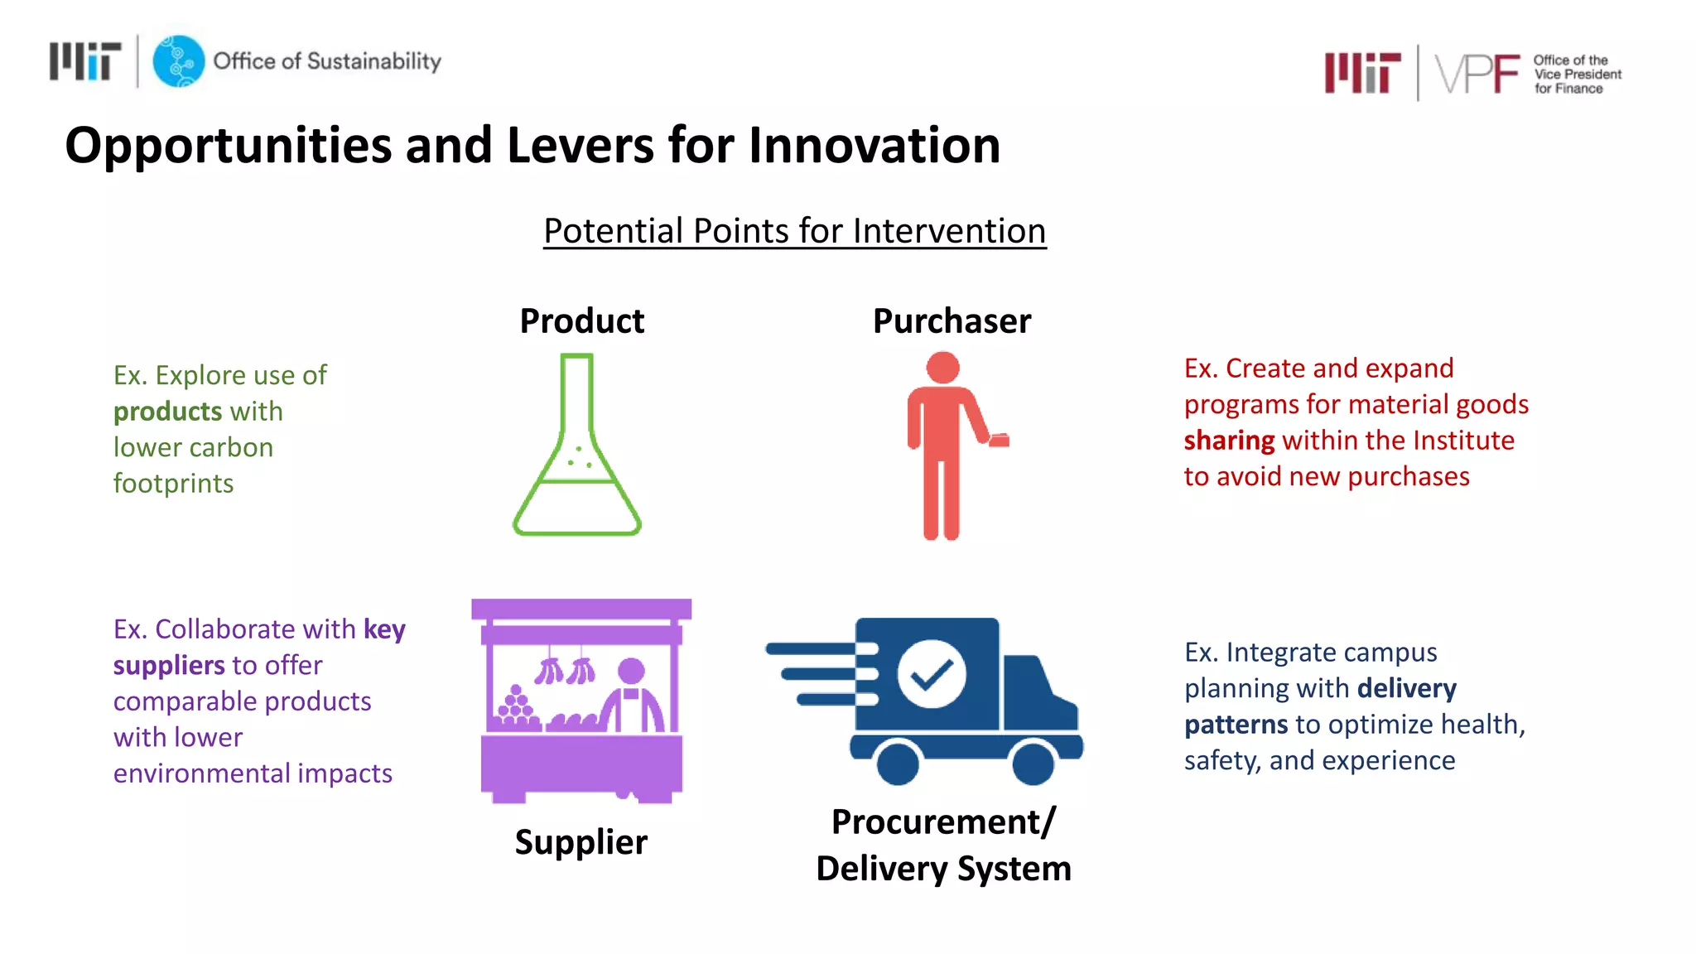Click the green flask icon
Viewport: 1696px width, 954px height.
pyautogui.click(x=577, y=447)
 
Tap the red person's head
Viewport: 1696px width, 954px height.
pyautogui.click(x=942, y=368)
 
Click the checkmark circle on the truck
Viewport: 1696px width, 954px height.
pyautogui.click(x=932, y=673)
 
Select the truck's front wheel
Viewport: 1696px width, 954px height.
pyautogui.click(x=1033, y=762)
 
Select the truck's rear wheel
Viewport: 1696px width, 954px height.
pyautogui.click(x=898, y=762)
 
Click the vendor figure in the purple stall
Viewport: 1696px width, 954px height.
pyautogui.click(x=632, y=696)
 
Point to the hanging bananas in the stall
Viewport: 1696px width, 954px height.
pyautogui.click(x=565, y=670)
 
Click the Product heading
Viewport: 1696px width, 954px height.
pyautogui.click(x=581, y=321)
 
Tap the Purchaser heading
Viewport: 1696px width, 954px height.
pyautogui.click(x=952, y=321)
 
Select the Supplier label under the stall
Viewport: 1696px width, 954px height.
pyautogui.click(x=581, y=842)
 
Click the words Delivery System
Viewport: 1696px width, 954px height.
pyautogui.click(x=943, y=869)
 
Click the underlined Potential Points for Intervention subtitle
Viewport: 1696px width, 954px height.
pyautogui.click(x=794, y=231)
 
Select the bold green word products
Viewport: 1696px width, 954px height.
pyautogui.click(x=167, y=412)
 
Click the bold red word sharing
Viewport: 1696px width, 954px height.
pyautogui.click(x=1229, y=441)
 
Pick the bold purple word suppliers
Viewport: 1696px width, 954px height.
pyautogui.click(x=169, y=666)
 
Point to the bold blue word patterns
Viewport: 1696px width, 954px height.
pyautogui.click(x=1236, y=725)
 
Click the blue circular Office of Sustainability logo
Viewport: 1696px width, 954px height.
pyautogui.click(x=178, y=61)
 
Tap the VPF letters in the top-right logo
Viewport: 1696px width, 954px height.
pyautogui.click(x=1477, y=75)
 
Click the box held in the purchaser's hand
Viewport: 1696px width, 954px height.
pyautogui.click(x=1000, y=440)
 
